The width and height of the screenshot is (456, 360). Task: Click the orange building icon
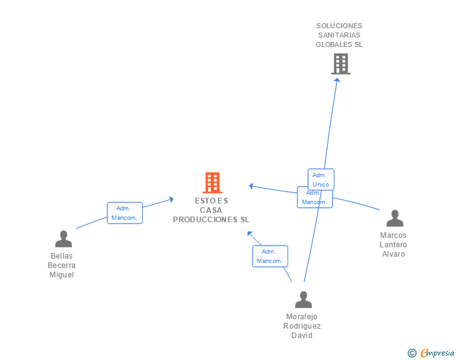pos(212,183)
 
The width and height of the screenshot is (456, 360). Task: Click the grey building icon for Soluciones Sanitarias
pos(341,64)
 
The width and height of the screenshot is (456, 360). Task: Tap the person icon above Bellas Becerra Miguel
pos(63,239)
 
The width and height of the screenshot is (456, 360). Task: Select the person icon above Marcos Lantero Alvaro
pos(395,218)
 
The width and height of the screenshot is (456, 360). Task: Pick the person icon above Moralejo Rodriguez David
pos(303,299)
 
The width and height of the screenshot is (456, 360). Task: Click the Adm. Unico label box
pos(321,180)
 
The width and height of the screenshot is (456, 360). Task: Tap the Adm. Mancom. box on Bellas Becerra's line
pos(125,213)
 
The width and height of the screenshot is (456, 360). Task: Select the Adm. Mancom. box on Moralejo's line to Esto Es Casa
pos(270,256)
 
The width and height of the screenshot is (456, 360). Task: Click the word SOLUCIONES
pos(339,26)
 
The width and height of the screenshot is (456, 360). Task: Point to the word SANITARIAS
pos(339,35)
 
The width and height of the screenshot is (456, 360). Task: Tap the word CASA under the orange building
pos(211,210)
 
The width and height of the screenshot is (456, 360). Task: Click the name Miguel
pos(61,275)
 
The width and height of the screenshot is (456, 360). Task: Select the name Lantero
pos(393,245)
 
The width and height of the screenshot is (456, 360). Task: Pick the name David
pos(302,336)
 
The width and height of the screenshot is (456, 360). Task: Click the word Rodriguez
pos(302,326)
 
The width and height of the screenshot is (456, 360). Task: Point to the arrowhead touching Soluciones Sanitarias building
pos(337,80)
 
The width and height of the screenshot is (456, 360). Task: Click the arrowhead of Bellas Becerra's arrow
pos(171,200)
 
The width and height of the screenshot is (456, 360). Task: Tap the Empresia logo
pos(437,352)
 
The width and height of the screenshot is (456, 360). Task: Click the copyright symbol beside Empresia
pos(412,353)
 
